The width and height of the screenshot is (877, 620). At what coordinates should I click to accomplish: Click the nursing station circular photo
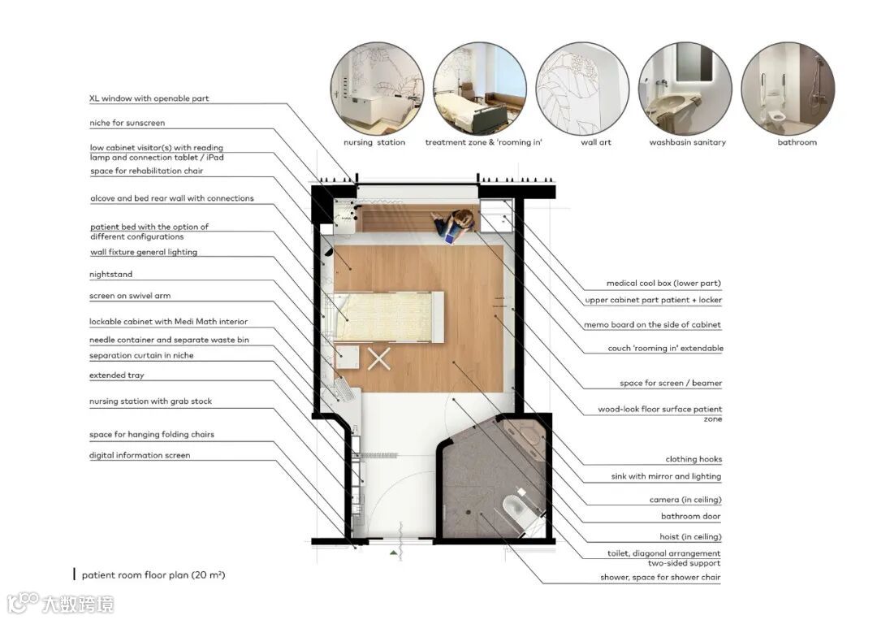pos(377,89)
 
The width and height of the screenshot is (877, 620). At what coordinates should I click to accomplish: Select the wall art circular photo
pos(582,89)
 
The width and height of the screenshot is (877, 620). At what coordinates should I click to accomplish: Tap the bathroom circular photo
pos(788,89)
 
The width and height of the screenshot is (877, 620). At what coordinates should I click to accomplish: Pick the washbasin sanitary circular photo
pos(685,89)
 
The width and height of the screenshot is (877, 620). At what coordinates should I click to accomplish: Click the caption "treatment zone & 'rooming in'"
pos(483,142)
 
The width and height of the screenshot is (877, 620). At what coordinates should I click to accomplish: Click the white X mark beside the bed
pos(379,359)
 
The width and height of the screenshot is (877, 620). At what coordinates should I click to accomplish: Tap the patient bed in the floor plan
pos(388,316)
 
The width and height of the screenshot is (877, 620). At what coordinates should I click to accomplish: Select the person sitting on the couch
pos(454,226)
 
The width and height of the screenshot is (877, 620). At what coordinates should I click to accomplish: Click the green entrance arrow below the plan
pos(394,553)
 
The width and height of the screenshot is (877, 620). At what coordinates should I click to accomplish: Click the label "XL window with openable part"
pos(149,98)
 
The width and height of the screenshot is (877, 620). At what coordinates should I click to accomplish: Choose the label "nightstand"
pos(110,274)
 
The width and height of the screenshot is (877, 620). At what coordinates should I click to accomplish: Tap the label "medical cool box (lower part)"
pos(663,283)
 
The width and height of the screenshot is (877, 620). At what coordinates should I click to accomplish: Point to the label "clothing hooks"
pos(693,459)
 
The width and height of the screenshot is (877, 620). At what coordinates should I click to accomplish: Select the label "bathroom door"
pos(691,516)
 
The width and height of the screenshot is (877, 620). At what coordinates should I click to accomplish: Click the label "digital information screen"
pos(140,456)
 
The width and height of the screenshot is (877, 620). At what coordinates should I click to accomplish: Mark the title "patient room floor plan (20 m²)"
pos(153,574)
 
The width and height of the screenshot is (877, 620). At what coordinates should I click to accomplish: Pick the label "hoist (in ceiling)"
pos(690,536)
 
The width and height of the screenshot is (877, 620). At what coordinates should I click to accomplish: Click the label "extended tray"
pos(116,375)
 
